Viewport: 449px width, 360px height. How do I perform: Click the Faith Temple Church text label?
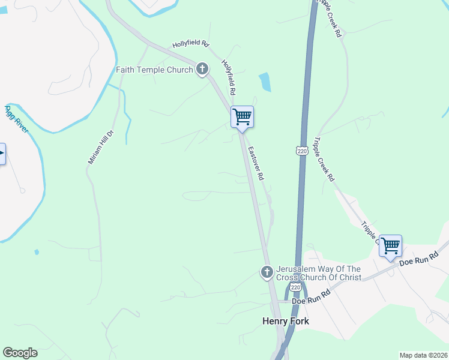pyautogui.click(x=154, y=70)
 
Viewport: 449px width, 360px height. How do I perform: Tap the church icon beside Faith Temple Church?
pyautogui.click(x=202, y=70)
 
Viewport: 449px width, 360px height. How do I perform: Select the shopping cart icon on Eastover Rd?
pyautogui.click(x=242, y=116)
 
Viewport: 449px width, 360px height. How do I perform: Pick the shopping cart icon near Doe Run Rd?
pyautogui.click(x=390, y=245)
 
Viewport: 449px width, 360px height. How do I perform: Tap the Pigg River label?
pyautogui.click(x=17, y=120)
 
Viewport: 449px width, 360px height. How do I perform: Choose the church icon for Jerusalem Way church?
pyautogui.click(x=267, y=273)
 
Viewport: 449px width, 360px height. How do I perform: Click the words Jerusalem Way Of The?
pyautogui.click(x=318, y=269)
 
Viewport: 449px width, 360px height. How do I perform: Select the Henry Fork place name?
pyautogui.click(x=286, y=321)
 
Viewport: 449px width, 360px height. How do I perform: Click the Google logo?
pyautogui.click(x=20, y=353)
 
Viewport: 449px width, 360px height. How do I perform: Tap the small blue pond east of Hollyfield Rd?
pyautogui.click(x=265, y=82)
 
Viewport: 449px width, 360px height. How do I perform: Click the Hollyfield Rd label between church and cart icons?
pyautogui.click(x=227, y=77)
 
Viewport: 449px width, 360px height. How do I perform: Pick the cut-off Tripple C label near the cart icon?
pyautogui.click(x=370, y=232)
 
